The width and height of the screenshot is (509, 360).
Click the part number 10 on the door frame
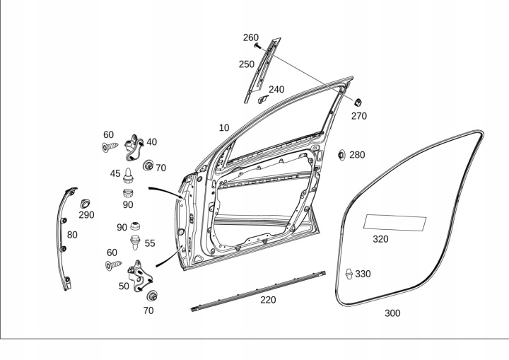[x=224, y=128]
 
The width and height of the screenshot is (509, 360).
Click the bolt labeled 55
[x=134, y=243]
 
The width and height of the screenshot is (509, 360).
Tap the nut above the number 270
[x=358, y=101]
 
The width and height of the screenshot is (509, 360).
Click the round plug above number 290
[x=86, y=203]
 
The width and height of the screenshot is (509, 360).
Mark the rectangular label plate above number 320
[x=394, y=223]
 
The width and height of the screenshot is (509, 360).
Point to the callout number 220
[x=268, y=300]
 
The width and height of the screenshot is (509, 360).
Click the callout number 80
[x=72, y=235]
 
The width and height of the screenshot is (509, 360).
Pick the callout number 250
[x=246, y=64]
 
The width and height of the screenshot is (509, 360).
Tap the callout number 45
[x=115, y=173]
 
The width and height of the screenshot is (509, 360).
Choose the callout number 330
[x=363, y=274]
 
